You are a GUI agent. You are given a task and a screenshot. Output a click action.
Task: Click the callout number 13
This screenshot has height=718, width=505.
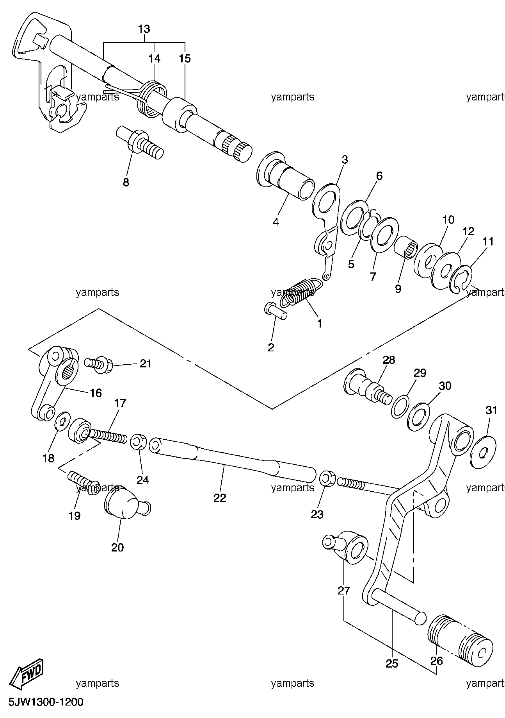click(144, 29)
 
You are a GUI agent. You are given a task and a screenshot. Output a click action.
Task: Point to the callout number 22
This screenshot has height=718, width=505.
click(220, 498)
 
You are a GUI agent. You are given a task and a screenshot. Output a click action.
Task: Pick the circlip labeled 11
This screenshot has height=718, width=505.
click(463, 278)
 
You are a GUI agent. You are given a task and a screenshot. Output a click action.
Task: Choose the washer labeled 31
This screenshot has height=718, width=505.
click(483, 452)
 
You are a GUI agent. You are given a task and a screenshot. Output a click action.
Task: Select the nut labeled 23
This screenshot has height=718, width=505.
click(327, 479)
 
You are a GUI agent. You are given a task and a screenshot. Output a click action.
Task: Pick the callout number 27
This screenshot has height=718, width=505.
click(344, 590)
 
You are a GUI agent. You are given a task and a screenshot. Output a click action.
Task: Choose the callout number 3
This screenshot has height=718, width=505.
click(344, 159)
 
